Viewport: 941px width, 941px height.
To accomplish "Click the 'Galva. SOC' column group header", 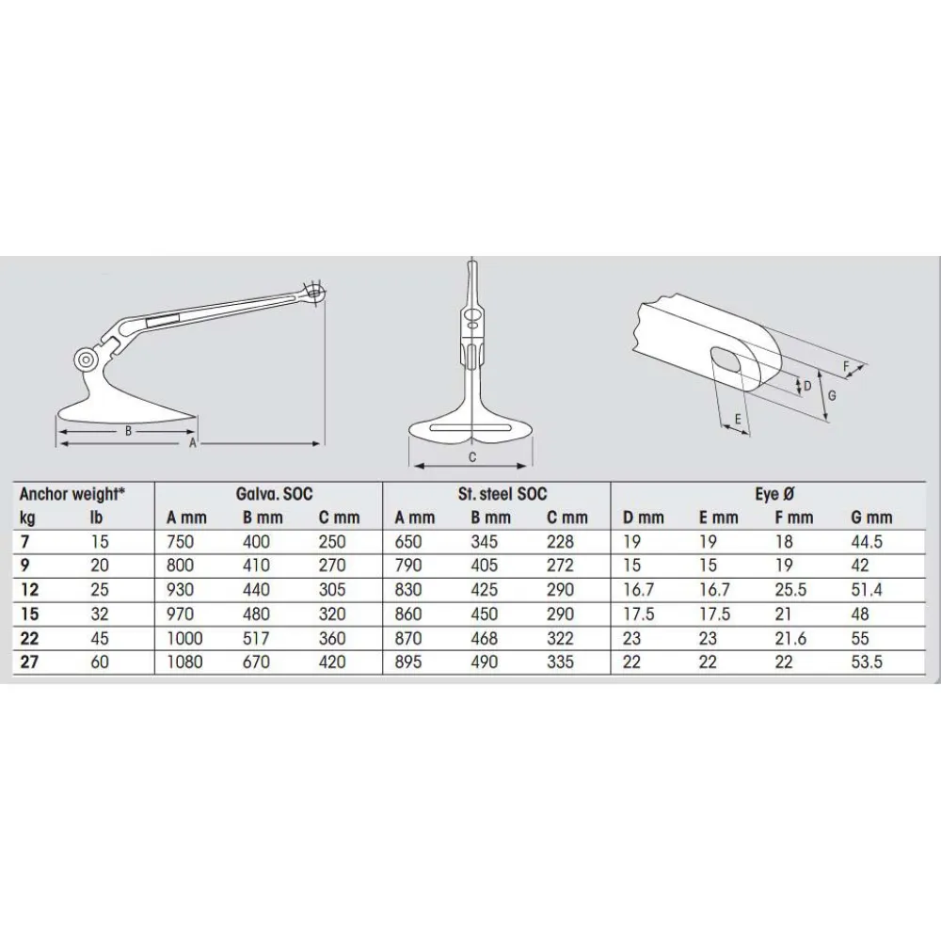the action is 274,494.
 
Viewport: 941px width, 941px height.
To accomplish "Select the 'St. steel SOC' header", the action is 502,494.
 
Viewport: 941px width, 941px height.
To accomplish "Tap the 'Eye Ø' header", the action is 774,494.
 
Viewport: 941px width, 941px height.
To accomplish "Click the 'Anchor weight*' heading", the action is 72,494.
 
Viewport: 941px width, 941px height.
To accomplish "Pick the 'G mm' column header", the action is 871,518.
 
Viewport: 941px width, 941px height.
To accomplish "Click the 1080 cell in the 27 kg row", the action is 184,662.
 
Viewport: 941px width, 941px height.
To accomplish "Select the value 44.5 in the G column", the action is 867,542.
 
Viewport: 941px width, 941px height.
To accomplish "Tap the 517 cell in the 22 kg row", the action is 256,638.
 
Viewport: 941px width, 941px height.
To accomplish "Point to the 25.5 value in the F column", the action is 790,590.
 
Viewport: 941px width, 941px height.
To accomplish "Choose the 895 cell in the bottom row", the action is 408,662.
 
